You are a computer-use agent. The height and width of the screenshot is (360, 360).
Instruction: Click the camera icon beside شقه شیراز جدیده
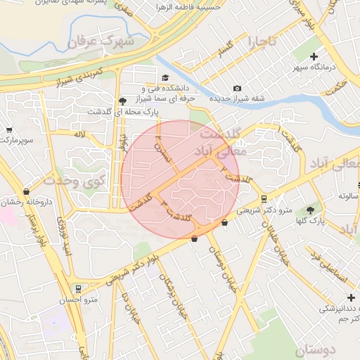237,88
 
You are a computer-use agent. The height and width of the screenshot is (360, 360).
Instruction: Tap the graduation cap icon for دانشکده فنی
165,77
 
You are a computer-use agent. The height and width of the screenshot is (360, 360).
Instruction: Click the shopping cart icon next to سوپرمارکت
9,129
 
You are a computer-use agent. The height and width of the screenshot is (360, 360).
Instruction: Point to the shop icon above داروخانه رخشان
27,191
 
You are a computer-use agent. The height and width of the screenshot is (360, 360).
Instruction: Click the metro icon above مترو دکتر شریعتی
264,198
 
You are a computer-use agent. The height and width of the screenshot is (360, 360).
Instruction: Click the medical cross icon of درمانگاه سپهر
314,56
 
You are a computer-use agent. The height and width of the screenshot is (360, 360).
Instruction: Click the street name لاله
79,133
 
